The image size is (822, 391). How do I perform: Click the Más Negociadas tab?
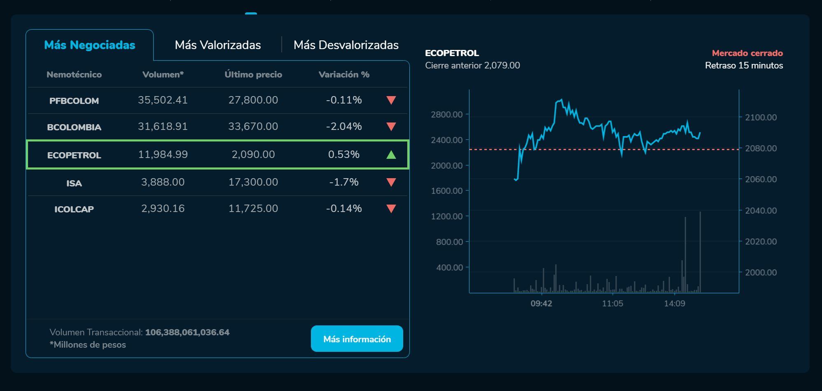coord(89,45)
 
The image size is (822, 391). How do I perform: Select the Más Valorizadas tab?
coord(217,45)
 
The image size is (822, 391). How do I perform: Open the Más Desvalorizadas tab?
coord(346,45)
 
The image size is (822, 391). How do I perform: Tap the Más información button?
coord(357,339)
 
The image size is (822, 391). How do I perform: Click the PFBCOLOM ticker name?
coord(74,101)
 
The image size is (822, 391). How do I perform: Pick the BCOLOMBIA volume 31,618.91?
coord(163,127)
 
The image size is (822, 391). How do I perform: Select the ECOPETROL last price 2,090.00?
coord(253,155)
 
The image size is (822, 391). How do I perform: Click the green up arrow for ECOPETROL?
coord(391,155)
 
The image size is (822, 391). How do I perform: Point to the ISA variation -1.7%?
coord(344,182)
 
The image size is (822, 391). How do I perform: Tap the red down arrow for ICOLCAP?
coord(391,209)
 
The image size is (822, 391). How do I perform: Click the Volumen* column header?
coord(163,75)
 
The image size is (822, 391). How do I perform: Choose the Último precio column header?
coord(253,75)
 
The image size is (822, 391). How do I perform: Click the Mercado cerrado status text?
coord(747,53)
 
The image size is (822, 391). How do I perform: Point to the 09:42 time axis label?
coord(541,304)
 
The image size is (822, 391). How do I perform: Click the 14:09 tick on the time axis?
coord(675,304)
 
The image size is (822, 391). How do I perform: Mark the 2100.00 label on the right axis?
coord(761,118)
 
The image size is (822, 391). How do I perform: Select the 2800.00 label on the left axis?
coord(446,115)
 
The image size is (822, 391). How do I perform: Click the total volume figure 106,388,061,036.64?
coord(187,332)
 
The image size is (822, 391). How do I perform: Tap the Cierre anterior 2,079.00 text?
coord(472,66)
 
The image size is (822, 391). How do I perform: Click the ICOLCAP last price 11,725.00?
coord(253,209)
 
